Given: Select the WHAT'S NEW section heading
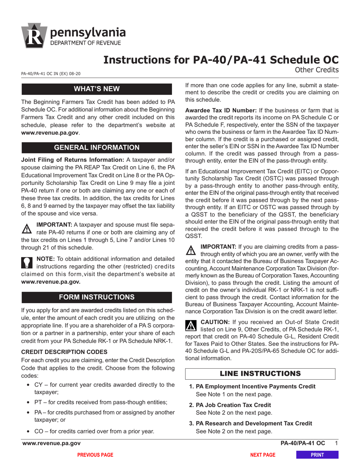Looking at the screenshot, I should tap(97, 89).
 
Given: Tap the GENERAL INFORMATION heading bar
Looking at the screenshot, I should tap(97, 147).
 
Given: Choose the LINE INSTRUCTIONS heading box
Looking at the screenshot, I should tap(260, 373).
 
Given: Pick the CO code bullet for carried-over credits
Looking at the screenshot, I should tap(39, 431).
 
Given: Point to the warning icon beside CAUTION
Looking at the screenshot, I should tap(191, 325).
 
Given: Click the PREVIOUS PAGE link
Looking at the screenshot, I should tap(95, 455).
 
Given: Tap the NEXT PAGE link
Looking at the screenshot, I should tap(263, 455).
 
